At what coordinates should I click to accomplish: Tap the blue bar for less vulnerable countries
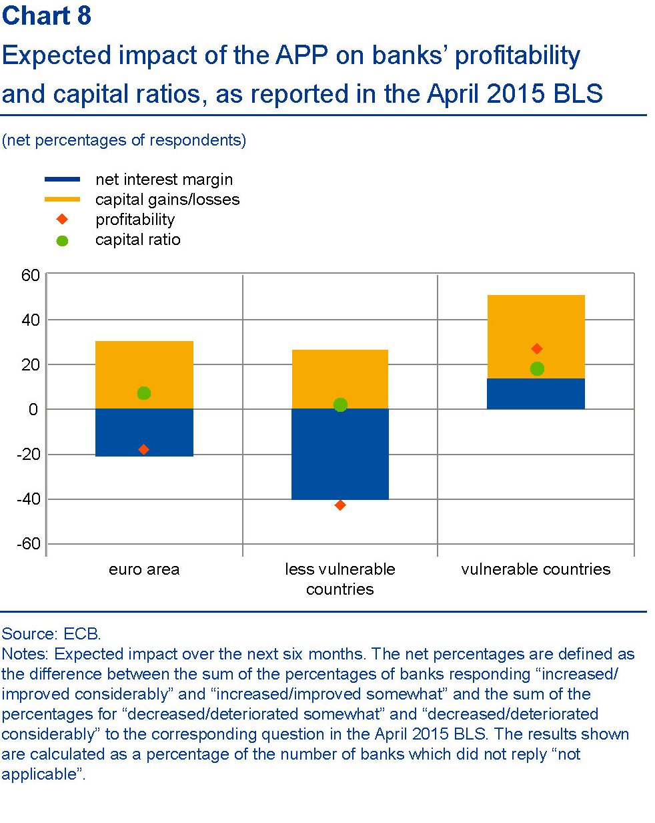(x=340, y=461)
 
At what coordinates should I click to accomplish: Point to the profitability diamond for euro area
(x=143, y=450)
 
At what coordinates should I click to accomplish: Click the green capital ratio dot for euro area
(x=143, y=393)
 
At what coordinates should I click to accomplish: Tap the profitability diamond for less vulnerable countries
(x=340, y=505)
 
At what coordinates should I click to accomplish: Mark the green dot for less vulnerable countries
(x=340, y=405)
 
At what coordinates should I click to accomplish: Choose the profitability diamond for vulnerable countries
(x=537, y=348)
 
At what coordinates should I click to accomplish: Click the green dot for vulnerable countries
(x=537, y=368)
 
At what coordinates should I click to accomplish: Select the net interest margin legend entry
(x=163, y=180)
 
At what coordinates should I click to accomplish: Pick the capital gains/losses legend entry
(x=167, y=200)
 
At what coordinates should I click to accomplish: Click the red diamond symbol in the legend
(x=62, y=220)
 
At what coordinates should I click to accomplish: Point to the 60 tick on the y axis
(x=31, y=275)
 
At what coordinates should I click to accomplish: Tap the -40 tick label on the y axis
(x=28, y=499)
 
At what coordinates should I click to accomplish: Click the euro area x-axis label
(x=144, y=569)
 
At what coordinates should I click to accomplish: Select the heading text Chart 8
(x=47, y=16)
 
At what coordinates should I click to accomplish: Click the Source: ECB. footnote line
(x=51, y=633)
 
